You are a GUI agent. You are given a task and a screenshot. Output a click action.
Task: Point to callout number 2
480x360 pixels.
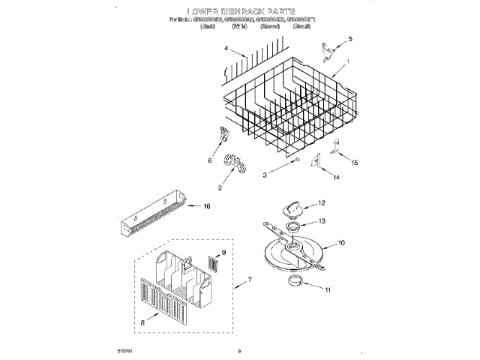220,188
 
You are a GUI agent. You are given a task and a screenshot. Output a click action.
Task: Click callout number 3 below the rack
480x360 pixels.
264,174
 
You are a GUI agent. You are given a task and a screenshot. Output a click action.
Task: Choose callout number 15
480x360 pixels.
355,163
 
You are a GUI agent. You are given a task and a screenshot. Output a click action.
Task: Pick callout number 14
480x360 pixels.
336,177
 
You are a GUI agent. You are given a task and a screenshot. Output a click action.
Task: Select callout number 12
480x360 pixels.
322,202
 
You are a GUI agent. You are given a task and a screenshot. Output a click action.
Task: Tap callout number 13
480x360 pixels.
322,221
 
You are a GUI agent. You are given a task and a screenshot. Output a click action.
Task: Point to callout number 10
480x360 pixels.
341,242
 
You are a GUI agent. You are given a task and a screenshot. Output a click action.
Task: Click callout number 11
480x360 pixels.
325,288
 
